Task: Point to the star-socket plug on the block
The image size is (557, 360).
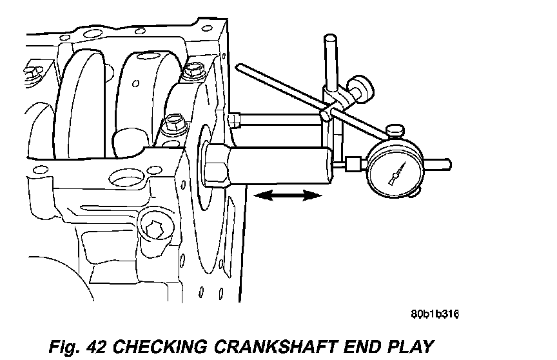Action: [x=154, y=229]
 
